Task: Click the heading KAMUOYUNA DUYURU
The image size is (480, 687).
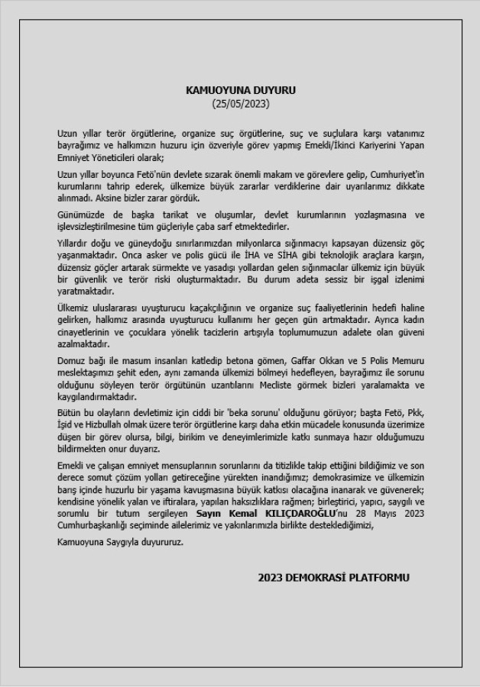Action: coord(241,89)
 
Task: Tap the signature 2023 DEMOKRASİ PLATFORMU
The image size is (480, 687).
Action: coord(333,577)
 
